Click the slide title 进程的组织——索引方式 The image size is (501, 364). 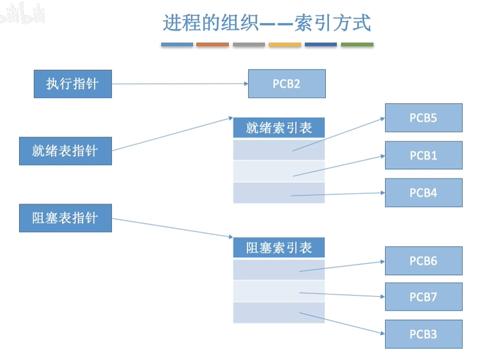click(267, 24)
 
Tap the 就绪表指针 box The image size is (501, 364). click(65, 151)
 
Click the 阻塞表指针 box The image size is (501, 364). click(65, 218)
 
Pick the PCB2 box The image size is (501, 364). click(287, 84)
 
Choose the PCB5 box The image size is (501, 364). click(424, 118)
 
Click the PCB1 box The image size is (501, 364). click(424, 155)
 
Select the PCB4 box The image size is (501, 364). click(424, 193)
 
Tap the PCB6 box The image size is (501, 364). click(424, 261)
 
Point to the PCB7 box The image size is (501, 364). click(424, 297)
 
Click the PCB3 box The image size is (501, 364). click(424, 334)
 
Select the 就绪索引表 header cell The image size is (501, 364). click(279, 128)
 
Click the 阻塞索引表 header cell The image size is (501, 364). click(279, 248)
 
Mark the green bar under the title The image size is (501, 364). click(357, 45)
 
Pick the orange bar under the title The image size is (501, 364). click(213, 45)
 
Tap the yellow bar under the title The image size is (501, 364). click(285, 45)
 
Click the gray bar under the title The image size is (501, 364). click(249, 45)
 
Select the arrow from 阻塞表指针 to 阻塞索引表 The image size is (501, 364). click(172, 227)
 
